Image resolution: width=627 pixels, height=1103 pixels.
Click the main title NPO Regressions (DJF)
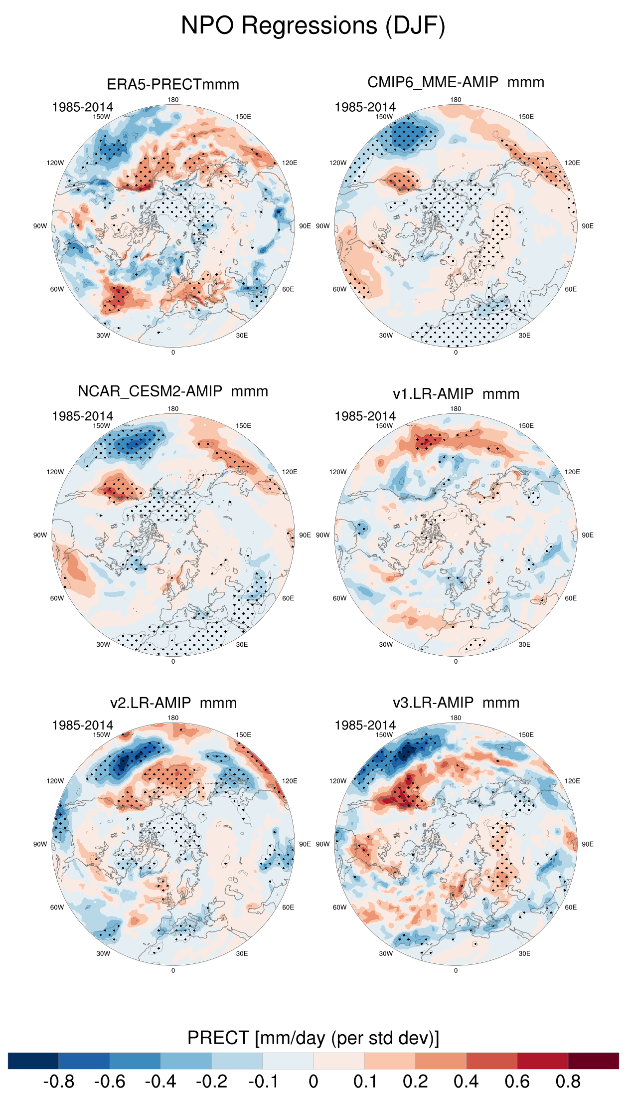(x=313, y=25)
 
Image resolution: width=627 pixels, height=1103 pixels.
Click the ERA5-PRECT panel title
(x=173, y=84)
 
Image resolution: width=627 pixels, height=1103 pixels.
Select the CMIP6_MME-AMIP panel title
(x=456, y=82)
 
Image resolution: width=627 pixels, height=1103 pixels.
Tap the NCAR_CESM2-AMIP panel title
(x=173, y=391)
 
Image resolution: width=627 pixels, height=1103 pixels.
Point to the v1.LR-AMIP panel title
(x=456, y=394)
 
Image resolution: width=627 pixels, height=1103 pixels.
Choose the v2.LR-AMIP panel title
(x=173, y=703)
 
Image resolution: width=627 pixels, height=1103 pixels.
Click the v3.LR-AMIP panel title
(x=456, y=703)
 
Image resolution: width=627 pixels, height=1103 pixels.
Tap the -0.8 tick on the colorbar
(x=59, y=1082)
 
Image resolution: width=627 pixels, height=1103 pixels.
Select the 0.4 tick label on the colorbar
(x=466, y=1082)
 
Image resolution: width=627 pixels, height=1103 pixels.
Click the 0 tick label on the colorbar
(x=313, y=1082)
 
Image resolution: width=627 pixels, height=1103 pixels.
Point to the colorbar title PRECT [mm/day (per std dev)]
(x=313, y=1038)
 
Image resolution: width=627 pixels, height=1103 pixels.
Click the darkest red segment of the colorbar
(x=593, y=1061)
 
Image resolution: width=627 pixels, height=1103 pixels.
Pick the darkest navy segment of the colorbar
(x=33, y=1061)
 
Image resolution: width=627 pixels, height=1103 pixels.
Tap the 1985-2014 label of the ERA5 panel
(x=83, y=107)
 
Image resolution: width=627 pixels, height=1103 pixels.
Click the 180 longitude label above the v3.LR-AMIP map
(x=456, y=718)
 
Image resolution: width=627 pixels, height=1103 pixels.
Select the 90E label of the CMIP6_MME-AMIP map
(x=588, y=226)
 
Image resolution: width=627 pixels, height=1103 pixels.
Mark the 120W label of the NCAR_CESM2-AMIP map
(x=55, y=472)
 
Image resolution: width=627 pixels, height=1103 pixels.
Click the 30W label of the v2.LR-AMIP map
(x=103, y=954)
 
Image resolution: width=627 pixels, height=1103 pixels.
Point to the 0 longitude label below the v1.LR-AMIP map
(x=456, y=662)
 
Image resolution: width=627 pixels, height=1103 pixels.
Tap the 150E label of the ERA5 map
(x=243, y=117)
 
